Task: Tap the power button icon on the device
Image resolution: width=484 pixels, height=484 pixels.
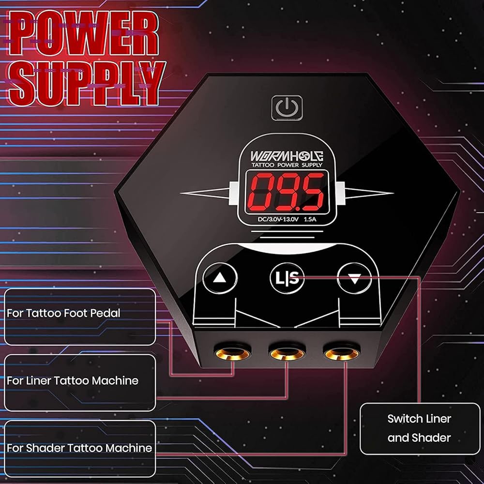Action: (287, 107)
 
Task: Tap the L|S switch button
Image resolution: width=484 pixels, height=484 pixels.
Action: (287, 278)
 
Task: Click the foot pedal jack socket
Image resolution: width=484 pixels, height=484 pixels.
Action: (233, 354)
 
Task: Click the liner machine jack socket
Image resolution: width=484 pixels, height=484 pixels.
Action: (287, 354)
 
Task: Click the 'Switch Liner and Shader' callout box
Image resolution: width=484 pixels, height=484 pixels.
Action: (419, 428)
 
